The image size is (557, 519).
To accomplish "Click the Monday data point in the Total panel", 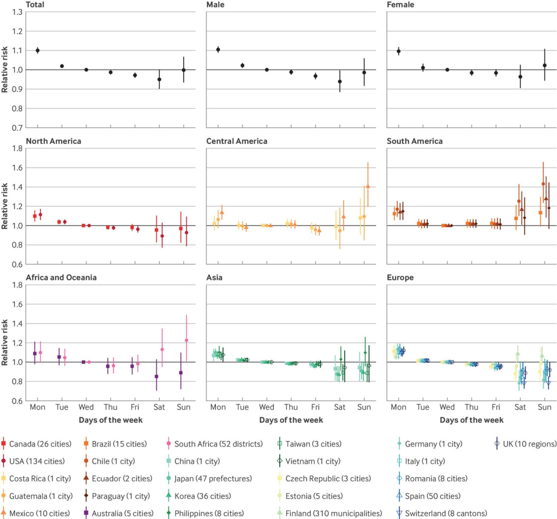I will [38, 50].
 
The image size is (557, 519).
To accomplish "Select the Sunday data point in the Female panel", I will [544, 65].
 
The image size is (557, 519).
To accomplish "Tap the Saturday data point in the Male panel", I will [340, 81].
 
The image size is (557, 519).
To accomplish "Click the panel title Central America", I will [237, 141].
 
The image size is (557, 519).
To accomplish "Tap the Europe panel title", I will [400, 278].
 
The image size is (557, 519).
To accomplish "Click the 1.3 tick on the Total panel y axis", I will [17, 12].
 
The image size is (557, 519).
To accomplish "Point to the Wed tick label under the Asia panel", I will [266, 407].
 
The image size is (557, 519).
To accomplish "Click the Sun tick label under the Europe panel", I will [544, 407].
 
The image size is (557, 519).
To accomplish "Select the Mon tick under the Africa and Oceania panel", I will [38, 407].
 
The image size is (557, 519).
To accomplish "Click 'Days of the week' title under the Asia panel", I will [291, 420].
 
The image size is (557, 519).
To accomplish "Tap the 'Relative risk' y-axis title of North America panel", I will [5, 206].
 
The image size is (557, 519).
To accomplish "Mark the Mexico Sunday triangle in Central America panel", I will [368, 186].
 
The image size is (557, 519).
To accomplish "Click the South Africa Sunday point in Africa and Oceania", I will [187, 340].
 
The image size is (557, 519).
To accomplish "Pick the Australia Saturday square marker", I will [157, 376].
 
